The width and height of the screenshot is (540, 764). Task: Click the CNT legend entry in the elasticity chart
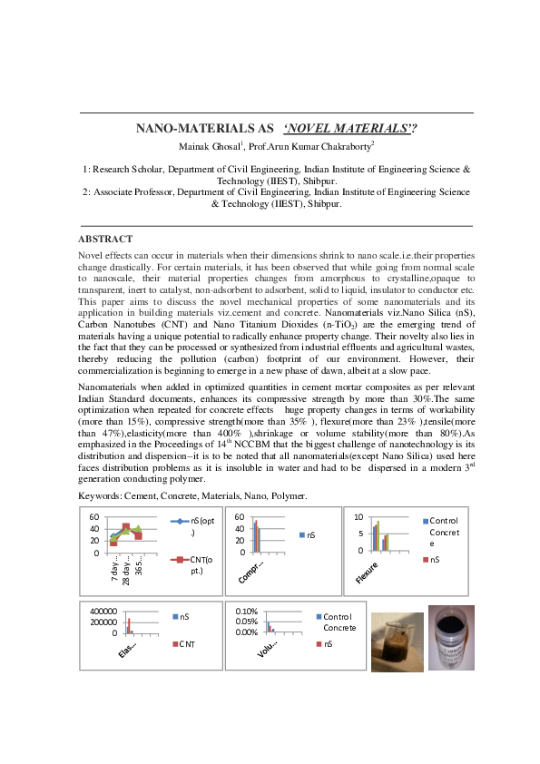coord(188,644)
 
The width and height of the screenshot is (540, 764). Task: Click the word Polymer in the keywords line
coord(290,496)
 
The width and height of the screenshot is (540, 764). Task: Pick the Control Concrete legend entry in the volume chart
coord(339,622)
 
